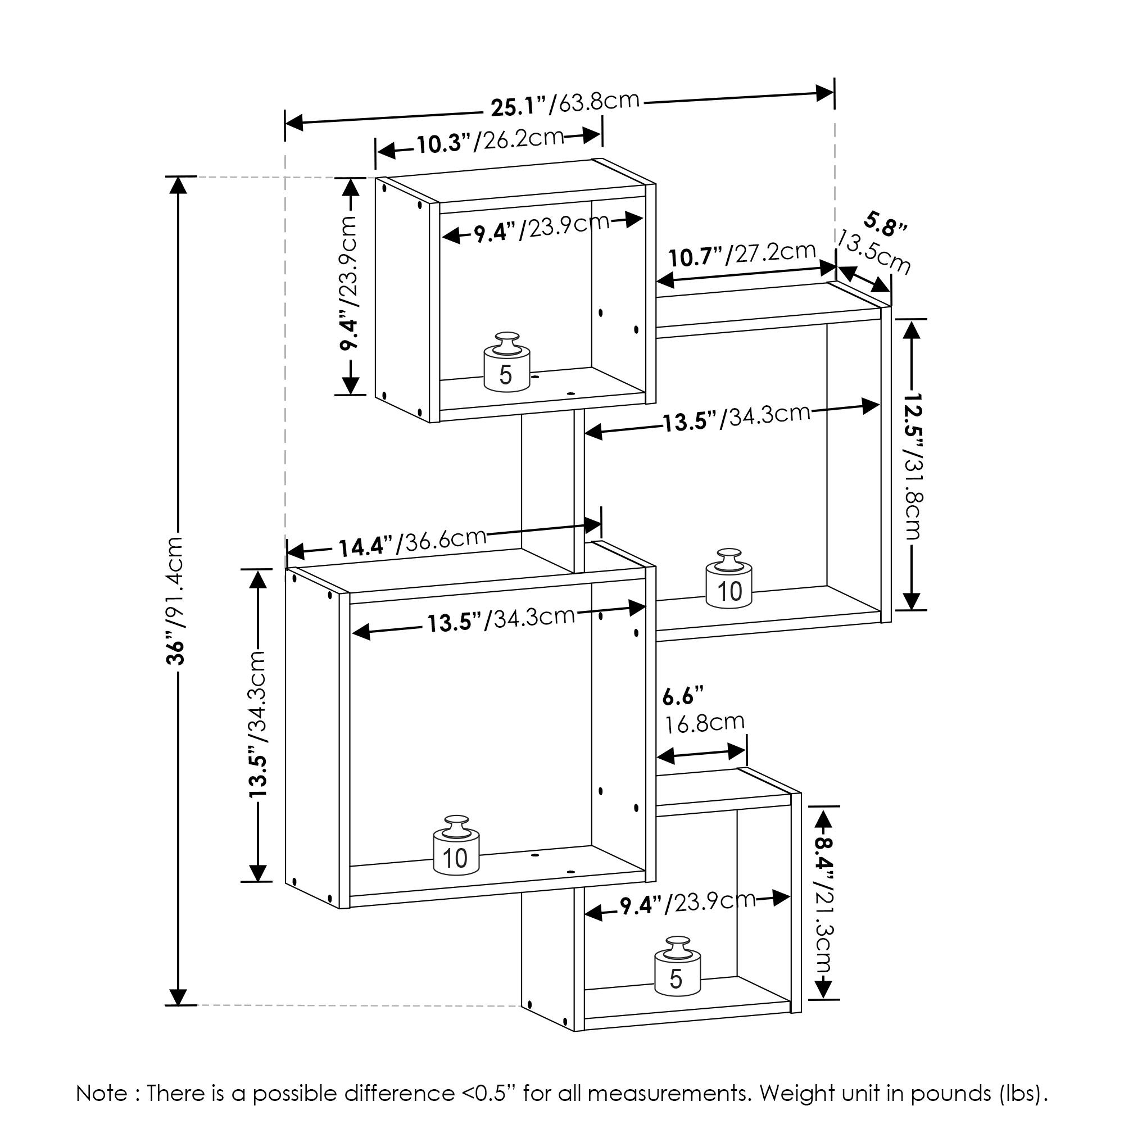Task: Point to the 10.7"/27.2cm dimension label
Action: (x=742, y=254)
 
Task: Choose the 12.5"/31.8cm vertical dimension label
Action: (x=913, y=465)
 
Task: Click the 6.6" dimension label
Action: (x=683, y=696)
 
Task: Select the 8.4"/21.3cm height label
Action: (x=824, y=922)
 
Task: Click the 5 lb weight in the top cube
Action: (x=507, y=363)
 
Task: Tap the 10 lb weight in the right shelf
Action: (x=729, y=579)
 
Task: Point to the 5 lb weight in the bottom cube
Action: (x=678, y=966)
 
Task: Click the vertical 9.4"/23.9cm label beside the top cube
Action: (x=349, y=284)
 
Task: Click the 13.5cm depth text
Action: (x=874, y=252)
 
